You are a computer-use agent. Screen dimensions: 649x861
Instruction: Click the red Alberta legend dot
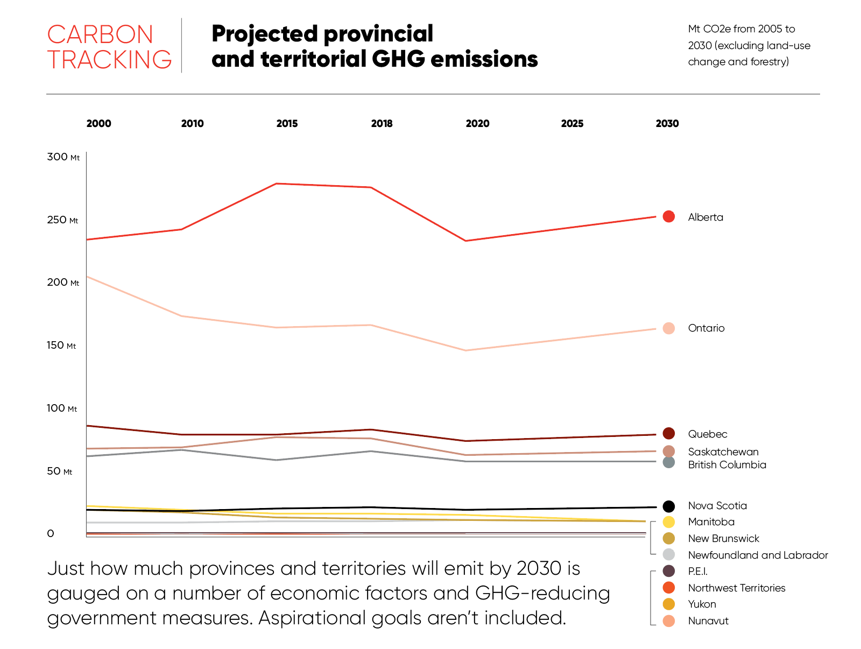point(669,216)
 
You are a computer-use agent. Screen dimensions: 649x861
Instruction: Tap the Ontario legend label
point(706,328)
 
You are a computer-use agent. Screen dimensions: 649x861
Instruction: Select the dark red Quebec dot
point(669,434)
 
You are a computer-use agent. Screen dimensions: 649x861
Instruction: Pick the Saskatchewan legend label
point(723,452)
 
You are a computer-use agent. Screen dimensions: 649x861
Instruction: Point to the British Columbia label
point(726,465)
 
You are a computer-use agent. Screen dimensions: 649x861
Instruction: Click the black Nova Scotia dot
point(669,506)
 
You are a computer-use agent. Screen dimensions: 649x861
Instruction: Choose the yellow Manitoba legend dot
point(669,522)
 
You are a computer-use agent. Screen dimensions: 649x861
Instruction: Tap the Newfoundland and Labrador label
point(758,555)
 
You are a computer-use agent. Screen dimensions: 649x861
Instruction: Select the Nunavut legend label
point(708,621)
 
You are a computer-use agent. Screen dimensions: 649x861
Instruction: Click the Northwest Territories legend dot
point(669,588)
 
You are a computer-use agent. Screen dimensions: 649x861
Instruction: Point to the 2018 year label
point(382,124)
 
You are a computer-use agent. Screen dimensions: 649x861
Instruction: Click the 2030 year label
point(667,124)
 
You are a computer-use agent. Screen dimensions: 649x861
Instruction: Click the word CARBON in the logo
point(100,35)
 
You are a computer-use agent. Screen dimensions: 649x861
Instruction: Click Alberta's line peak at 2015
point(276,184)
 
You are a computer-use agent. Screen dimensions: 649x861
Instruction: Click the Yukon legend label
point(702,604)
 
